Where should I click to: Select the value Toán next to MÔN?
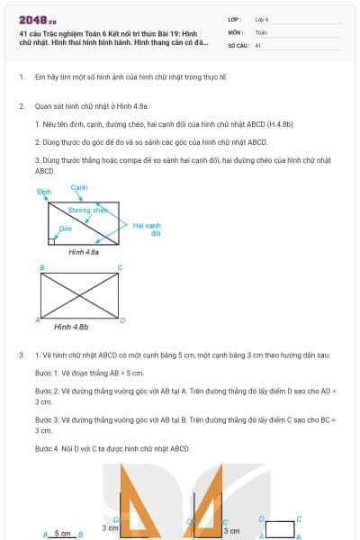point(261,31)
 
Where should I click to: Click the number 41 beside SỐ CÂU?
point(258,44)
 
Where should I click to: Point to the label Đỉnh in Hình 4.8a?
point(44,193)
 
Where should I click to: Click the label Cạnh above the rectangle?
point(78,186)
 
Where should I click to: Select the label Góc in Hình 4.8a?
point(65,229)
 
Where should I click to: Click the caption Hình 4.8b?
point(71,327)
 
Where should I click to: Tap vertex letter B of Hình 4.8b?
point(41,267)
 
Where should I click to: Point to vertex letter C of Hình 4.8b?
point(120,267)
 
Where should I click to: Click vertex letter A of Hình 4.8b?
point(37,319)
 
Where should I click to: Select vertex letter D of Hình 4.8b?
point(122,319)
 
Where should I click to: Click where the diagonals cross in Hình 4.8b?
point(79,293)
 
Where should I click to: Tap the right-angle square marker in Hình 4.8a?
point(53,240)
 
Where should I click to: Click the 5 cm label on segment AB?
point(62,533)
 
